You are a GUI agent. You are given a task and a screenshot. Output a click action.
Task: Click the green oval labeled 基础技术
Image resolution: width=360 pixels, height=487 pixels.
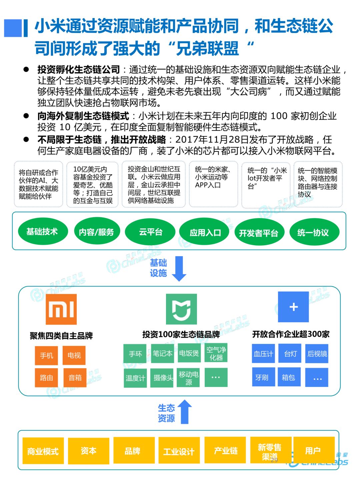(42, 231)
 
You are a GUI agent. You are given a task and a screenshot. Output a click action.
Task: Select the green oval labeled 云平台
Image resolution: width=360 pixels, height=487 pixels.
(150, 232)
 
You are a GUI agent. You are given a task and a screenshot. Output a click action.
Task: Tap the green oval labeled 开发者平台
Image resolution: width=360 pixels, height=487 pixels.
(259, 233)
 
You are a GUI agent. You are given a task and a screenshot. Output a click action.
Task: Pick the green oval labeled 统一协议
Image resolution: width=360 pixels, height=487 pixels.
(313, 232)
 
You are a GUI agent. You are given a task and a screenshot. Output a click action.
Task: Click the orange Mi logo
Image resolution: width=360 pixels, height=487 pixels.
(61, 309)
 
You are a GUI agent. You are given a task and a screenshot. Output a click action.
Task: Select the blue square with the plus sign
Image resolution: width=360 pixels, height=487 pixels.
(293, 307)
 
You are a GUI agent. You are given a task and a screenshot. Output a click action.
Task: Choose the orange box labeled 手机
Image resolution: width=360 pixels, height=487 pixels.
(47, 356)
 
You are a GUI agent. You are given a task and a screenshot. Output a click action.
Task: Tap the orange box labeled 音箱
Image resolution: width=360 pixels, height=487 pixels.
(75, 378)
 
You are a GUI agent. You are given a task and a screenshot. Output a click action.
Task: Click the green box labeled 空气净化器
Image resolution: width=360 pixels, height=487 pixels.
(216, 353)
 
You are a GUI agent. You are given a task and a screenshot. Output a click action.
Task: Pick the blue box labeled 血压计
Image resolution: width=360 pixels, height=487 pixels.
(263, 354)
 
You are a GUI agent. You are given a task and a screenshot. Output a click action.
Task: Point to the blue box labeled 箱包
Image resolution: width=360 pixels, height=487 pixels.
(288, 377)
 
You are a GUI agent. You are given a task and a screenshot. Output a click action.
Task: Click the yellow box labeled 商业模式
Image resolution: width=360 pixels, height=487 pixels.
(43, 451)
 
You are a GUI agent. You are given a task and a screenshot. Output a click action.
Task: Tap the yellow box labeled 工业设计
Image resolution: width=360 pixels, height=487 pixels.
(179, 451)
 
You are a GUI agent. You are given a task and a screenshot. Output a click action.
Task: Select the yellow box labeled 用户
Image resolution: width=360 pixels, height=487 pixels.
(313, 450)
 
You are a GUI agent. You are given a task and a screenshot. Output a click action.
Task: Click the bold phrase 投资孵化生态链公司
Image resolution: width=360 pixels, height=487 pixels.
(79, 69)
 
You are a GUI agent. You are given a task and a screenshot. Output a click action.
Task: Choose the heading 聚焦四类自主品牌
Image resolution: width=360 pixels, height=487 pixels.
(61, 336)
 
